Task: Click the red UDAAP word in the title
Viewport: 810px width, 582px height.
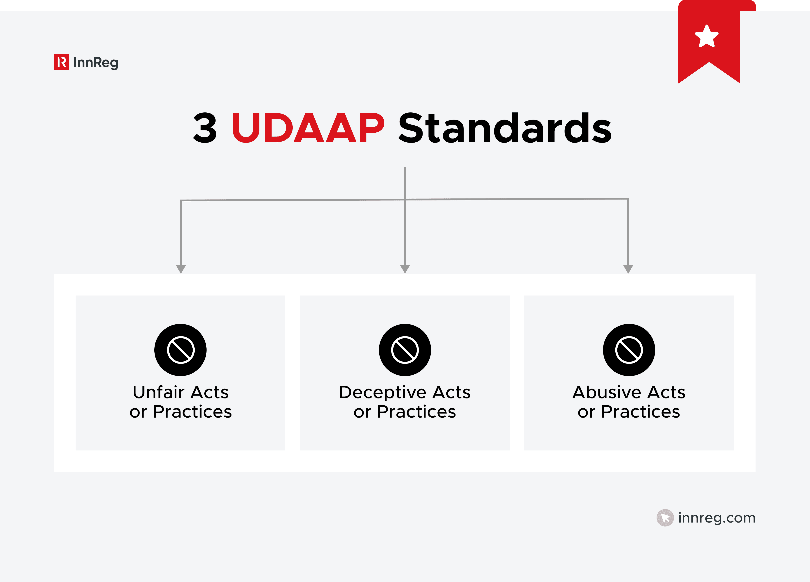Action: click(x=308, y=128)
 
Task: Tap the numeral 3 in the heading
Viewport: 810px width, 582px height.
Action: click(x=205, y=128)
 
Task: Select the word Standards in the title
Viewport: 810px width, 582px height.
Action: click(x=505, y=128)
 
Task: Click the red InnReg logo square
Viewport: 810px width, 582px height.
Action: click(x=61, y=62)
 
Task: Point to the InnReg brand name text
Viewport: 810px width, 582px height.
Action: click(x=95, y=63)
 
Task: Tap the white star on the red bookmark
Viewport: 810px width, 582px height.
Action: click(x=706, y=36)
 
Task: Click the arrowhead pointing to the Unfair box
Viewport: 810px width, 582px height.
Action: click(x=181, y=268)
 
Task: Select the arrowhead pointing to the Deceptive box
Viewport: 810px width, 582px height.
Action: click(x=405, y=268)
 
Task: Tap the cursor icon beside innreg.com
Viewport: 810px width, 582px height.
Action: click(x=665, y=518)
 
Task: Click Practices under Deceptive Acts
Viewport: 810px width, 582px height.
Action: click(x=416, y=412)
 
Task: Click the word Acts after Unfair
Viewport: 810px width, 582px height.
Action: click(x=210, y=392)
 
